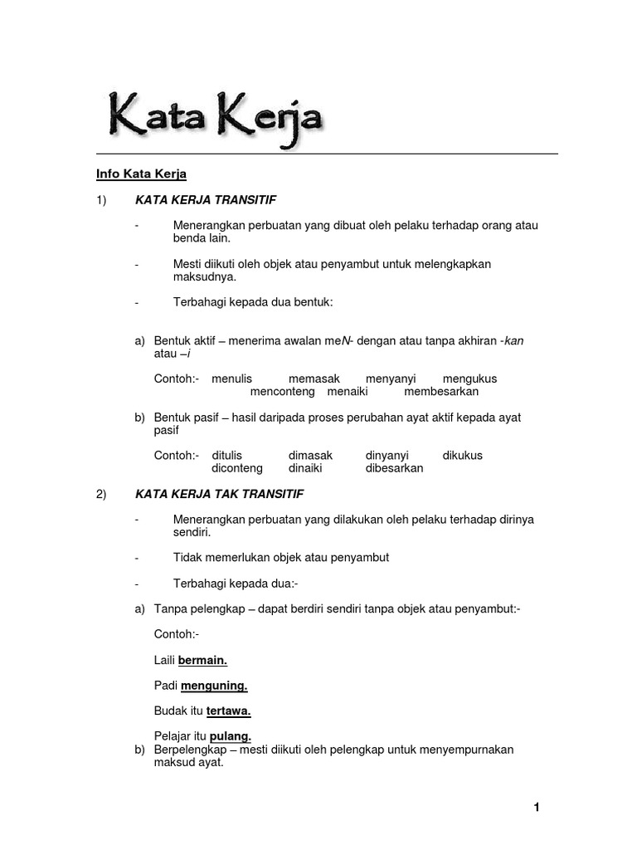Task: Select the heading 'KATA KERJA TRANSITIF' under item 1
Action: (205, 200)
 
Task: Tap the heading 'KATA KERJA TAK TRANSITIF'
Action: (219, 494)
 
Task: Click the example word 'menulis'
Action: (231, 379)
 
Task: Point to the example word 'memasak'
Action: (314, 379)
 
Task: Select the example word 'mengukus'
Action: (469, 379)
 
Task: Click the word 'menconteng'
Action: (282, 391)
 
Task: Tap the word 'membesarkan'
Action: (441, 391)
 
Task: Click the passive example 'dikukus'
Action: (462, 455)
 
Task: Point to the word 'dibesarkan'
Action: (394, 467)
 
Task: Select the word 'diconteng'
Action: (237, 467)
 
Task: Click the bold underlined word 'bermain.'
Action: (202, 660)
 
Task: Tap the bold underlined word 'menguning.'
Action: (214, 686)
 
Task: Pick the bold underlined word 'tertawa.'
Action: (228, 711)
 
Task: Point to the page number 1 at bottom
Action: (537, 807)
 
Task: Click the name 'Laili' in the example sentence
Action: (164, 660)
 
